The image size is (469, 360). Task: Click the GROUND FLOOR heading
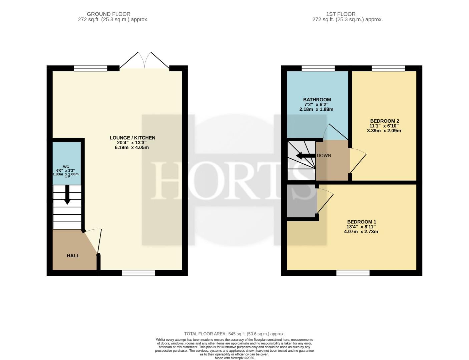click(108, 14)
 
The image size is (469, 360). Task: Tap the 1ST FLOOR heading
click(341, 14)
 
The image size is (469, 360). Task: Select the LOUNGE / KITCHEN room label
click(132, 138)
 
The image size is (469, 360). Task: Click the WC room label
click(66, 167)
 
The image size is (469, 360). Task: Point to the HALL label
click(73, 256)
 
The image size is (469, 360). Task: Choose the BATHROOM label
click(317, 100)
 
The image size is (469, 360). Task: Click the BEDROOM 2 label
click(385, 121)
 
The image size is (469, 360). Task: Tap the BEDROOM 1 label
click(362, 222)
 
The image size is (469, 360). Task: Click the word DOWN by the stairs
click(324, 156)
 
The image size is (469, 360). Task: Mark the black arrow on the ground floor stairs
click(67, 195)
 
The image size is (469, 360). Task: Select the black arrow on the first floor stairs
click(306, 155)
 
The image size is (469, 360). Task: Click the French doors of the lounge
click(144, 60)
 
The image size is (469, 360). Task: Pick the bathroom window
click(318, 68)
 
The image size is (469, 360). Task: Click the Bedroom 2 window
click(388, 68)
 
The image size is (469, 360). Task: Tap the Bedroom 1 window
click(353, 273)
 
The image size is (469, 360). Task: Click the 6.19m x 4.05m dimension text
click(132, 148)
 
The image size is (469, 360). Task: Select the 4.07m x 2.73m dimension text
click(361, 232)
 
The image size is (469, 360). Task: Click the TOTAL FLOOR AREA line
click(234, 334)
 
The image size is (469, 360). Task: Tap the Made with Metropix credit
click(234, 358)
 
